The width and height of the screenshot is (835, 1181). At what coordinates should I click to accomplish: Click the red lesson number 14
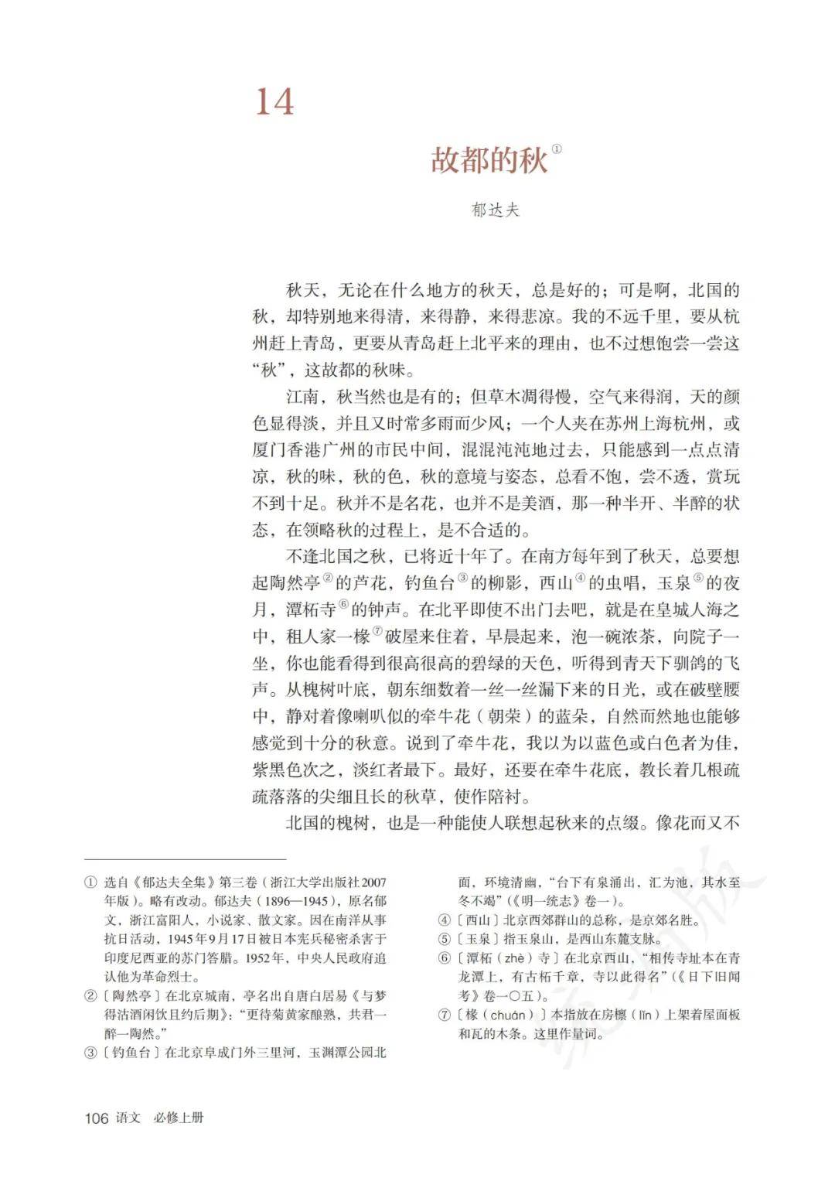click(275, 102)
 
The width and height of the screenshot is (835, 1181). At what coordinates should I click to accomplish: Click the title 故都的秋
click(489, 161)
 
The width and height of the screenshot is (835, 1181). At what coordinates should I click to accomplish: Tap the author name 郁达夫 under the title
click(496, 210)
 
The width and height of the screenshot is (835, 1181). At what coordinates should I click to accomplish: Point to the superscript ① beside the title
click(557, 149)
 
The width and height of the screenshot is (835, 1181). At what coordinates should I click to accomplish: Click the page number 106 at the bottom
click(97, 1118)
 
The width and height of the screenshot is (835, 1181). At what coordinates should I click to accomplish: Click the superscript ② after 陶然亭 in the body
click(328, 578)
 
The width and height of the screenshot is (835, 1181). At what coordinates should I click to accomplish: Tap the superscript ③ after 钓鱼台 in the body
click(463, 578)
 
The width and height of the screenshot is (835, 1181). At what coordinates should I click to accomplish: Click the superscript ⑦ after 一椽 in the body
click(377, 631)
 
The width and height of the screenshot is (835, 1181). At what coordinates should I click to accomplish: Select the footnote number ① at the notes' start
click(90, 882)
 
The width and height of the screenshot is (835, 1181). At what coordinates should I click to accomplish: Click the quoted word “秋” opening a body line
click(268, 370)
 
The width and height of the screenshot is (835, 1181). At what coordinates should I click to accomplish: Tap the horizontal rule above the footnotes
click(185, 858)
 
